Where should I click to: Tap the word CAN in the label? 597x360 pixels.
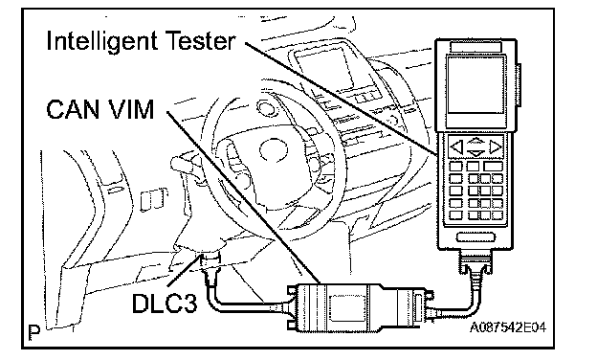(71, 110)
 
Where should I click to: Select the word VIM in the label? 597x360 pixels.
(128, 110)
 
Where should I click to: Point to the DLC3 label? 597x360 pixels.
(165, 304)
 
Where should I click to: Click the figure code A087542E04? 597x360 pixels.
(508, 327)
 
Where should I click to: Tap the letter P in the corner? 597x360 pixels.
(34, 332)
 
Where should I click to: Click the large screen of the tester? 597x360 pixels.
(475, 85)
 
